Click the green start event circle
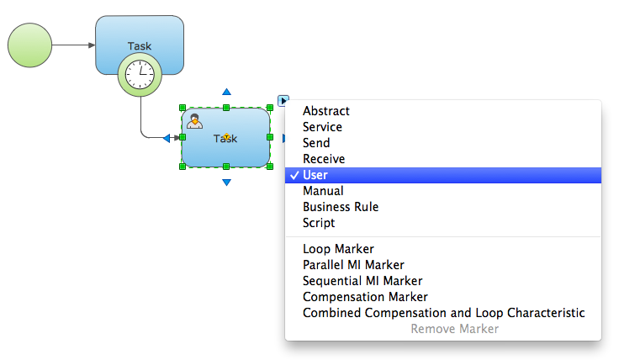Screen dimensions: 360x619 29,45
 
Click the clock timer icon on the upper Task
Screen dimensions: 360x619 139,74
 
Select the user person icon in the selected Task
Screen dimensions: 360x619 194,120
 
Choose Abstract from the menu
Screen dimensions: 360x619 326,111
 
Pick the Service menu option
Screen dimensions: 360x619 322,127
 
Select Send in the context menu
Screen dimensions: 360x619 316,143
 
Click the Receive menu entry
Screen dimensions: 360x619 324,159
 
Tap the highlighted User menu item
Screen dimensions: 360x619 315,175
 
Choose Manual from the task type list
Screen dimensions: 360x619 323,191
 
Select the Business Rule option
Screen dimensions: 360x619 341,207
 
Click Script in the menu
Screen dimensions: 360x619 319,223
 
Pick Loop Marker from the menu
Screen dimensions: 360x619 338,249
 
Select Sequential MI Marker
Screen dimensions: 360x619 362,281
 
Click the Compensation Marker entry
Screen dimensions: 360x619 365,297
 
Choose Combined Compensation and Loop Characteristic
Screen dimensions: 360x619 443,313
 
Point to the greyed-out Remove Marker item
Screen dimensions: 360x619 454,329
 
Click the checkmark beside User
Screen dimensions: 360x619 293,175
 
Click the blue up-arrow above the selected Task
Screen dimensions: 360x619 226,92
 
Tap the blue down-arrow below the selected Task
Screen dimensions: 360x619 226,182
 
